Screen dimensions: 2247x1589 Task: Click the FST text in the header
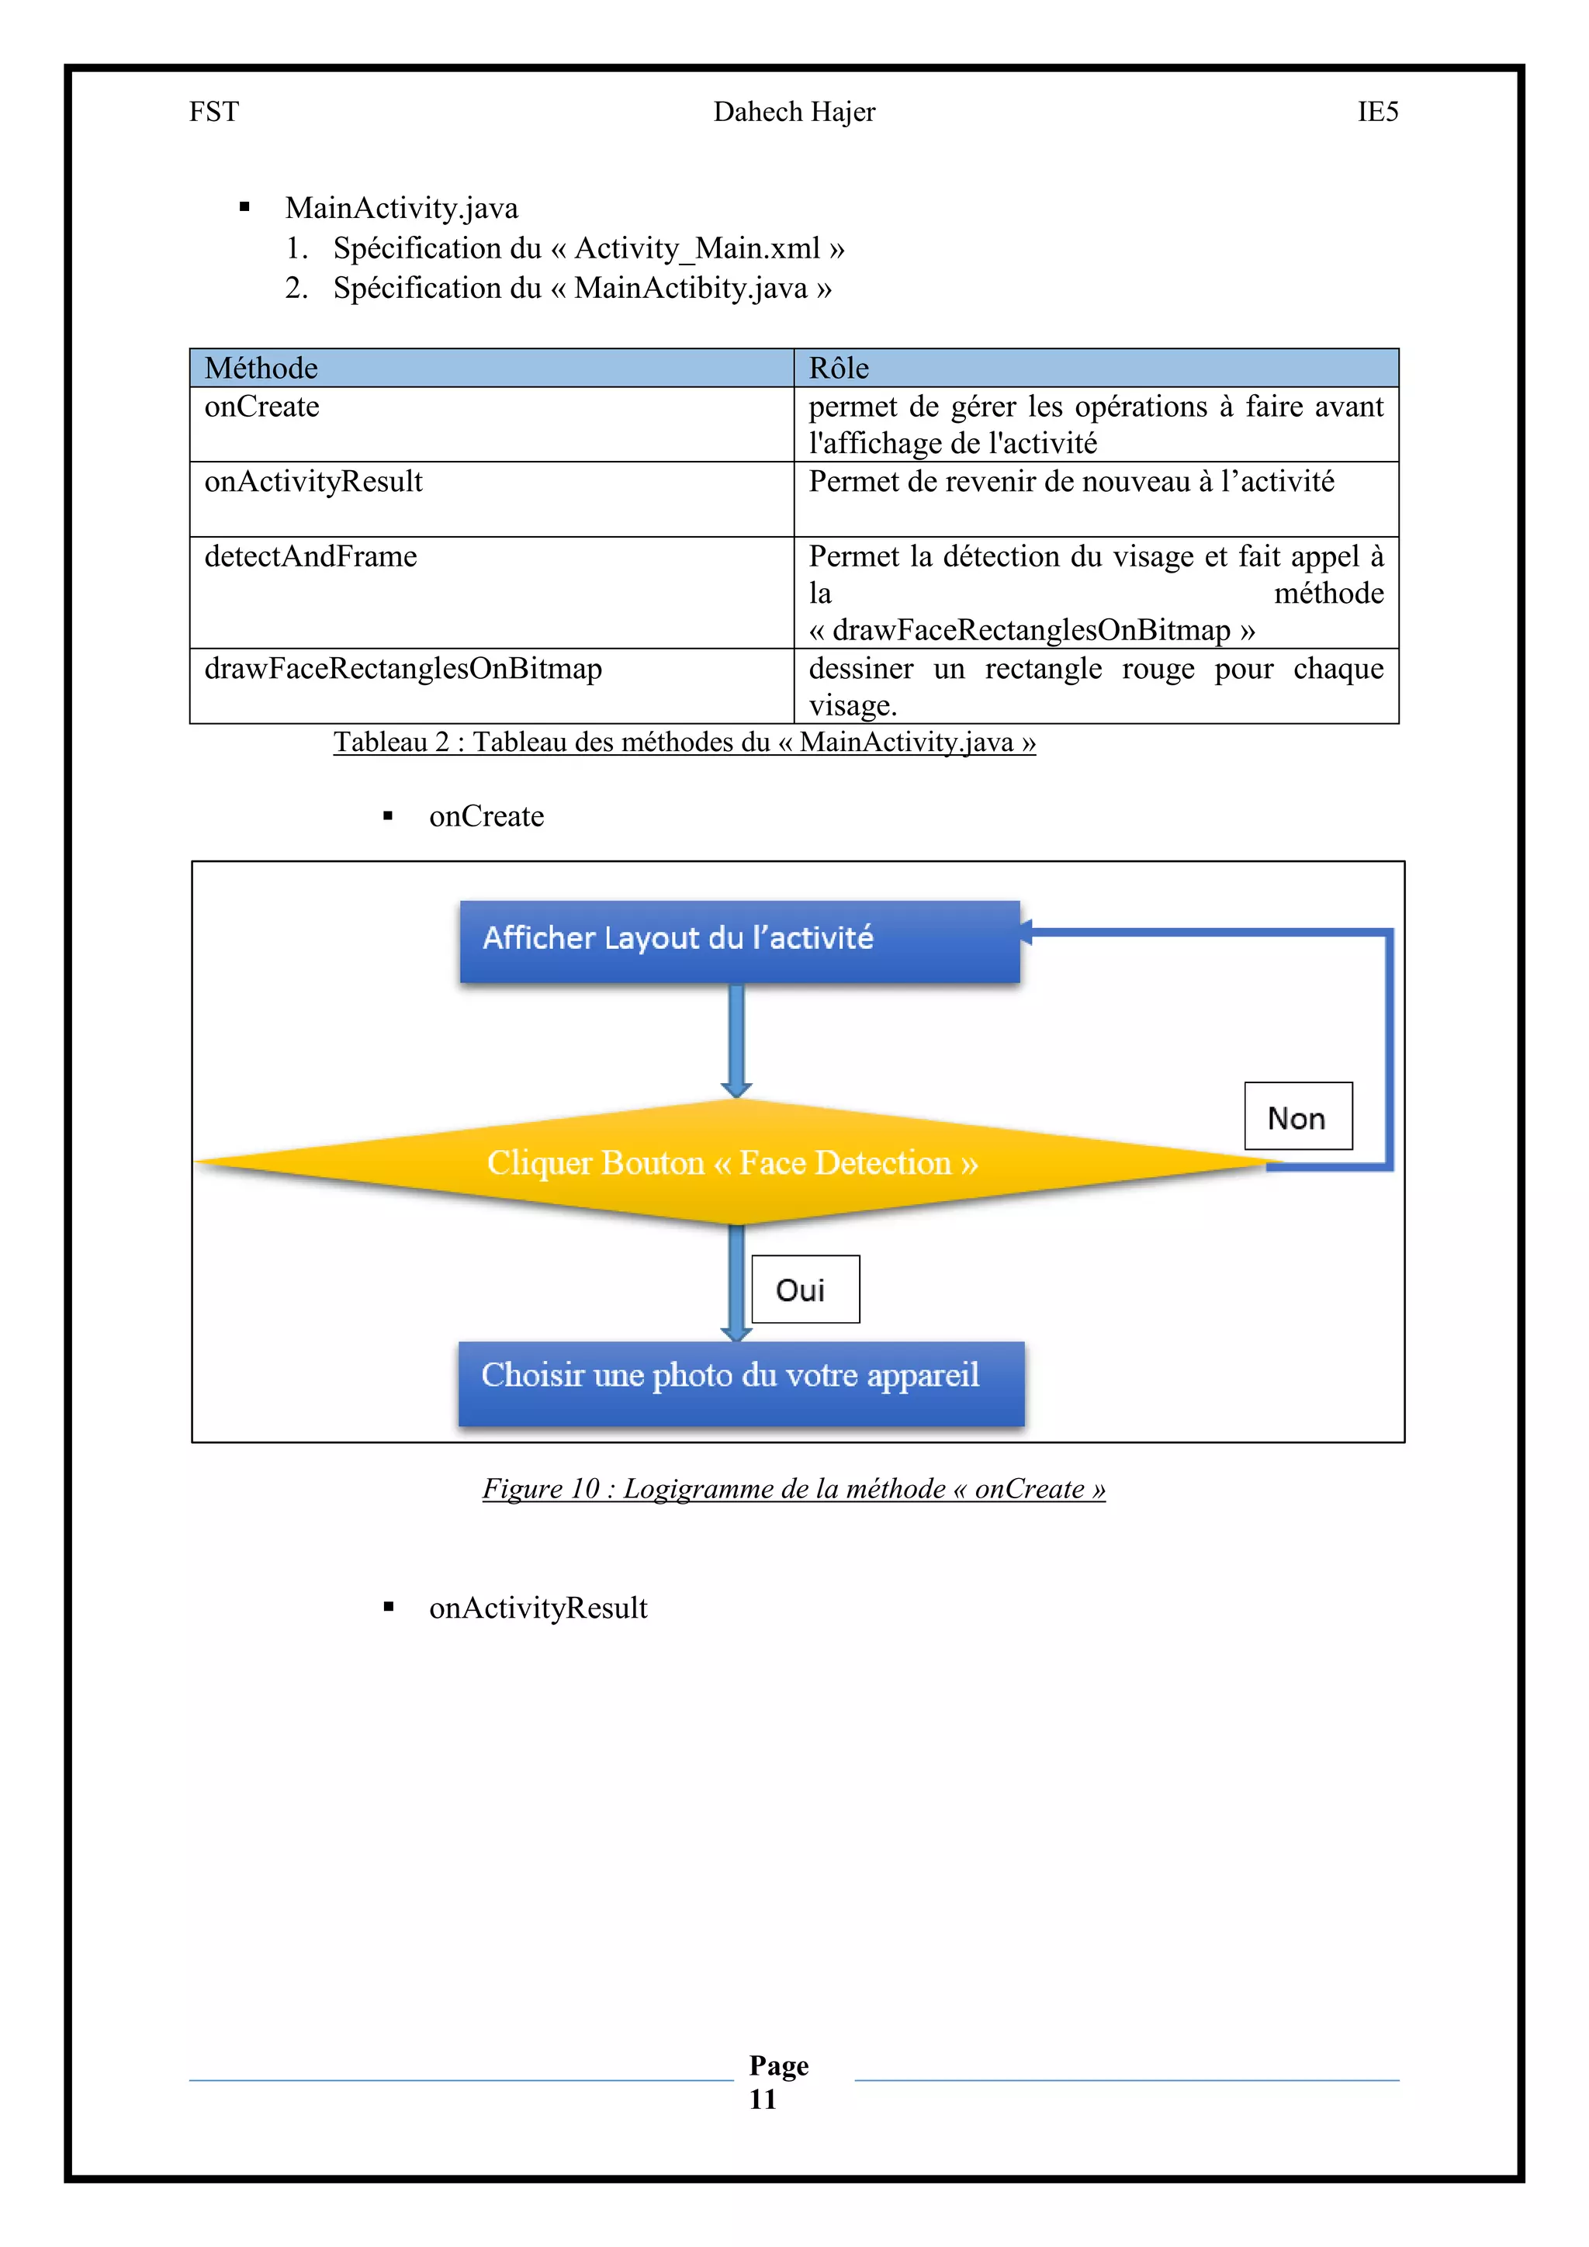(213, 112)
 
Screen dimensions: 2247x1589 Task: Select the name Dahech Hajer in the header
(794, 112)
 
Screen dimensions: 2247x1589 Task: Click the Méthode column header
(261, 368)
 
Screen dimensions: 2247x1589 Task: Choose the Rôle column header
(839, 368)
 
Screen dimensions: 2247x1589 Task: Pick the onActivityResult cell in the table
(313, 482)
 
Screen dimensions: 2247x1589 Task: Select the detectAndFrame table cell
(310, 557)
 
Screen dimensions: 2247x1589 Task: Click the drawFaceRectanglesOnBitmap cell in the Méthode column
(403, 668)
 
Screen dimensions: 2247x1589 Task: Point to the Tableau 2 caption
(684, 742)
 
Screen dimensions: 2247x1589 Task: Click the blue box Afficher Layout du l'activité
(739, 940)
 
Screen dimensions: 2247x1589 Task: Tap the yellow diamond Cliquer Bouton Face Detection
(733, 1162)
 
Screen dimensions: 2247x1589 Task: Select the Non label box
(1297, 1117)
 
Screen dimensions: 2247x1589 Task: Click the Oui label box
(805, 1289)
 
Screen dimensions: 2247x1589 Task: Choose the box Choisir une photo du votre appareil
(741, 1382)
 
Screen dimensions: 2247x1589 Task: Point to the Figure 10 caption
(794, 1488)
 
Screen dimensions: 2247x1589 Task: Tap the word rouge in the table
(1158, 668)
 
